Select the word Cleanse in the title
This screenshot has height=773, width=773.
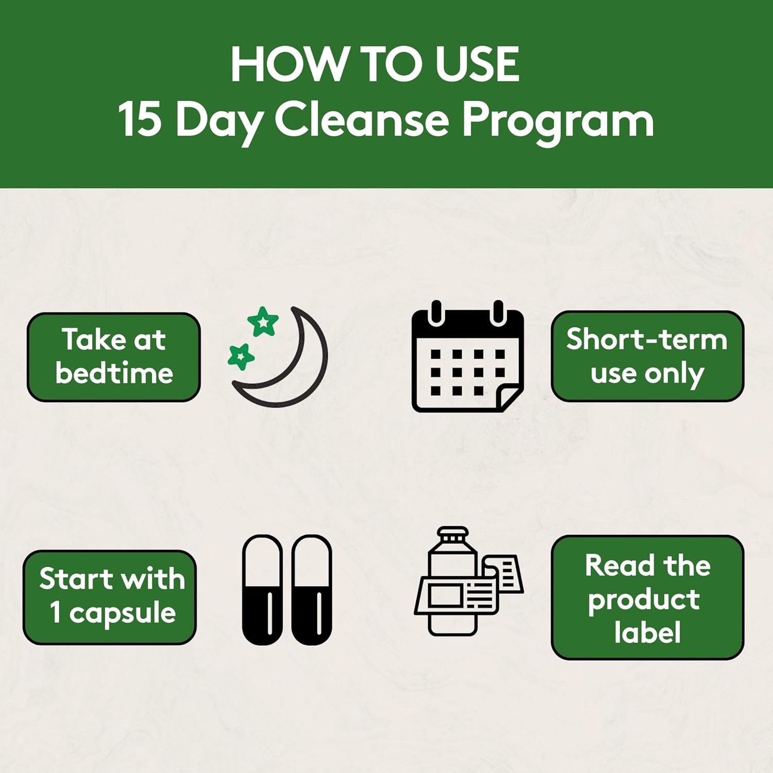point(361,120)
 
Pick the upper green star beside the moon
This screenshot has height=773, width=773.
point(263,322)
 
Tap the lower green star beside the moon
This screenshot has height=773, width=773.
point(241,356)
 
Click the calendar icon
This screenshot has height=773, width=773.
point(467,357)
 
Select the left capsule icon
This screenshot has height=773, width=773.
point(262,590)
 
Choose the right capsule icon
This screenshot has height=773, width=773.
point(311,590)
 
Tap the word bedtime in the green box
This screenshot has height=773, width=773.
point(114,373)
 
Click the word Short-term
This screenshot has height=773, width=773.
point(647,340)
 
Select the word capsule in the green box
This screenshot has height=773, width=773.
point(123,613)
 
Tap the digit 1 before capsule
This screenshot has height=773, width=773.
point(56,612)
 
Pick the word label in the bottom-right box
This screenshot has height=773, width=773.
point(647,633)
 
